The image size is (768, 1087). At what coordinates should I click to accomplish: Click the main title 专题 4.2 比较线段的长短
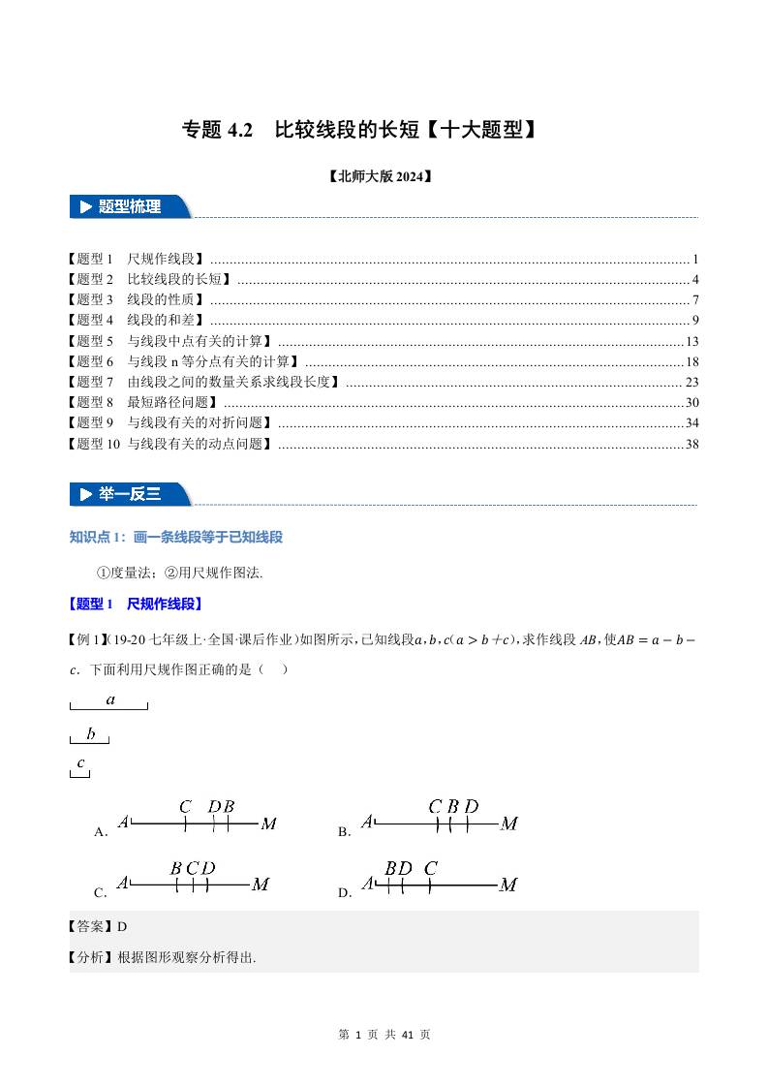[x=359, y=130]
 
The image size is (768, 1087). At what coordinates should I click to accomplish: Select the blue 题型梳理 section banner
[x=130, y=206]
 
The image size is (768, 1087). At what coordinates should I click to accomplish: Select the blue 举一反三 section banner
[x=130, y=494]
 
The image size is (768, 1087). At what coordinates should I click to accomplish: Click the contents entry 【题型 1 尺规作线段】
[x=137, y=259]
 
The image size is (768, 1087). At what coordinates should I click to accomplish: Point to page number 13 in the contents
[x=691, y=341]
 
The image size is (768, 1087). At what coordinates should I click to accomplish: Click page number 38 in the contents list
[x=691, y=444]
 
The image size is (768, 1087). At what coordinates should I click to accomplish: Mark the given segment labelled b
[x=90, y=741]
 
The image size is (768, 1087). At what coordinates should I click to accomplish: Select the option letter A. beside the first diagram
[x=100, y=832]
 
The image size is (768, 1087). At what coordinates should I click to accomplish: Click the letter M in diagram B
[x=508, y=824]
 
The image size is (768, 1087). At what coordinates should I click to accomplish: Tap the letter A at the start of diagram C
[x=123, y=883]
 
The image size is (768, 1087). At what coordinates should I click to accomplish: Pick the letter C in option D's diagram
[x=430, y=869]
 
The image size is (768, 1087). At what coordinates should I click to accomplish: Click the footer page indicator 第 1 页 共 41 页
[x=384, y=1035]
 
